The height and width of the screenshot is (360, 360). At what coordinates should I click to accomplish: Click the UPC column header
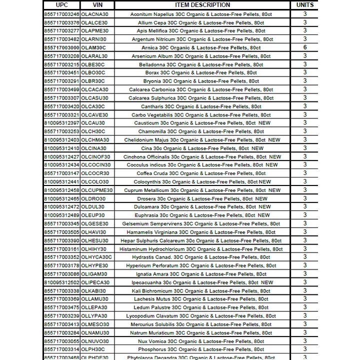tap(61, 5)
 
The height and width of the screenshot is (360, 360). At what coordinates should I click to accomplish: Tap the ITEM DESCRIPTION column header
tap(202, 5)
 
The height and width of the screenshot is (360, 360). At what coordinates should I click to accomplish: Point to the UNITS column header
tap(305, 5)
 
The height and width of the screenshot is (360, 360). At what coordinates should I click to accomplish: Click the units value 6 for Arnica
tap(305, 47)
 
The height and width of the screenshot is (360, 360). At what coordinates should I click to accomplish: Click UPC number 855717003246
tap(61, 14)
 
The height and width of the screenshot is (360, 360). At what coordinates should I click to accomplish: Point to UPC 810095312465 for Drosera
tap(61, 198)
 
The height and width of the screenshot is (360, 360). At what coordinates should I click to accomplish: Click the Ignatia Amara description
tap(202, 274)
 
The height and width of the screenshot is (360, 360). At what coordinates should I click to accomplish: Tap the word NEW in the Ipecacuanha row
tap(267, 282)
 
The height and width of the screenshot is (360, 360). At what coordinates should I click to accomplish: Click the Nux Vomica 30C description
tap(202, 341)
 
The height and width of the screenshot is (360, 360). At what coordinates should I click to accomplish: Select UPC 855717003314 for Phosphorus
tap(61, 349)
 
